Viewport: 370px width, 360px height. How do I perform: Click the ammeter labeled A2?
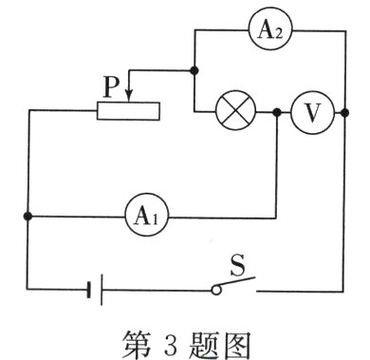click(266, 30)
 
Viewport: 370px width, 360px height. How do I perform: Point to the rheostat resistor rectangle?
click(128, 111)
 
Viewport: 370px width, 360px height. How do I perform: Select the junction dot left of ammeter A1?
click(28, 217)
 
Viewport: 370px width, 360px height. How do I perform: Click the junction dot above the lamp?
click(194, 70)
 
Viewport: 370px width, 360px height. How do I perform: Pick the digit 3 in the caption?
click(176, 336)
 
